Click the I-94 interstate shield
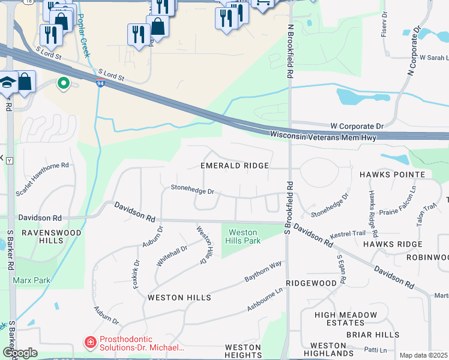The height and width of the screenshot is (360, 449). pos(100,85)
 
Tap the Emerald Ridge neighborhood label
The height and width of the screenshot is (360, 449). pos(234,165)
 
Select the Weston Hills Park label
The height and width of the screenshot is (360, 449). pos(243,236)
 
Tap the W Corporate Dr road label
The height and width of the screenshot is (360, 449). pos(357,127)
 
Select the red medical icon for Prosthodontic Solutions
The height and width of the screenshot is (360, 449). pos(89,343)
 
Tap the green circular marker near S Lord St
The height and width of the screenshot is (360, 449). pos(62,84)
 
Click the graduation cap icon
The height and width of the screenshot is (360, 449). pos(7,82)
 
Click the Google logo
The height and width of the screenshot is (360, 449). pos(19,353)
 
